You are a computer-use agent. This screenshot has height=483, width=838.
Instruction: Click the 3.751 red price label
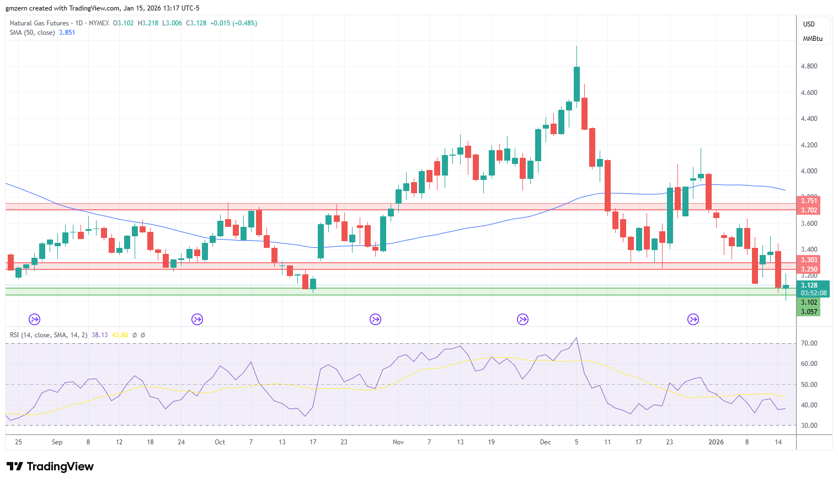[x=808, y=201]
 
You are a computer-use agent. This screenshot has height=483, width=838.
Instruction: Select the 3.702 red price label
[x=808, y=210]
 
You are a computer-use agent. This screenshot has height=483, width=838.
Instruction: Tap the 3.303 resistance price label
[x=808, y=260]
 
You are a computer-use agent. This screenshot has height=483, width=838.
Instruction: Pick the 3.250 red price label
[x=808, y=269]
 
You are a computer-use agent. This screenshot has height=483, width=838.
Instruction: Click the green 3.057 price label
[x=808, y=311]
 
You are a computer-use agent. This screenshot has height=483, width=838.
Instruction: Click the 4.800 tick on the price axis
[x=809, y=66]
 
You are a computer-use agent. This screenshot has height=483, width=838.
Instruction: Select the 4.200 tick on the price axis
[x=809, y=145]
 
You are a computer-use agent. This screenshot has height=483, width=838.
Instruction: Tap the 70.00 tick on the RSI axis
[x=809, y=343]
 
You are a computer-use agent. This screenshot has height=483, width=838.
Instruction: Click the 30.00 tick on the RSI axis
[x=809, y=426]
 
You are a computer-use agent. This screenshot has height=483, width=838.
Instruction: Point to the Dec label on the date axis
[x=546, y=442]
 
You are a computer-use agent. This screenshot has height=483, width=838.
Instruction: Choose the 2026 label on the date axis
[x=716, y=442]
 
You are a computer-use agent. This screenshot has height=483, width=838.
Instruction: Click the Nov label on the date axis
[x=398, y=442]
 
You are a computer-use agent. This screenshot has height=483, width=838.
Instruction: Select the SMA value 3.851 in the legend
[x=67, y=33]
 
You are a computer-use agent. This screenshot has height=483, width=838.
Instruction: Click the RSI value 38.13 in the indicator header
[x=99, y=335]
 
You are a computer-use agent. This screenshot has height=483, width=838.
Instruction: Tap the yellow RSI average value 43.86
[x=120, y=335]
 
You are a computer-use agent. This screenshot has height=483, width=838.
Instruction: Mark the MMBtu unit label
[x=813, y=39]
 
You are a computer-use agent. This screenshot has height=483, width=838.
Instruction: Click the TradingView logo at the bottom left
[x=50, y=466]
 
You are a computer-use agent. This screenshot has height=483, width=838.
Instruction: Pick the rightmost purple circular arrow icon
[x=693, y=320]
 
